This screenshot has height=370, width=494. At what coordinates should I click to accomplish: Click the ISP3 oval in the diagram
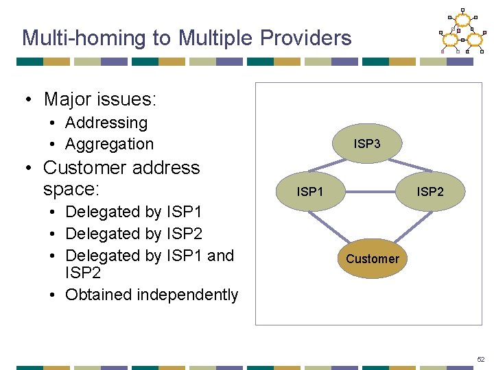pyautogui.click(x=367, y=144)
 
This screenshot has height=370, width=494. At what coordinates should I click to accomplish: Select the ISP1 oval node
pyautogui.click(x=309, y=192)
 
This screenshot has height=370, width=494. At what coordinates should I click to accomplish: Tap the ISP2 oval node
pyautogui.click(x=430, y=192)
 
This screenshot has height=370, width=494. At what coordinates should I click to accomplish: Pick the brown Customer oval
pyautogui.click(x=372, y=258)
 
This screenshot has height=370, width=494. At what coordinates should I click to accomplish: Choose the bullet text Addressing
pyautogui.click(x=106, y=123)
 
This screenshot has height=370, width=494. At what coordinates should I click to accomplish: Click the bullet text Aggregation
pyautogui.click(x=109, y=144)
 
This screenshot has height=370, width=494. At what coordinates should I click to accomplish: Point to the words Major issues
pyautogui.click(x=100, y=99)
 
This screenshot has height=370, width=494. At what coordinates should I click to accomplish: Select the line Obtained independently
pyautogui.click(x=151, y=295)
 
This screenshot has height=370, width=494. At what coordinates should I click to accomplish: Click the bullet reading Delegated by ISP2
pyautogui.click(x=134, y=234)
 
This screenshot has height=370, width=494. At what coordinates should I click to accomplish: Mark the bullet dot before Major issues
pyautogui.click(x=29, y=100)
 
